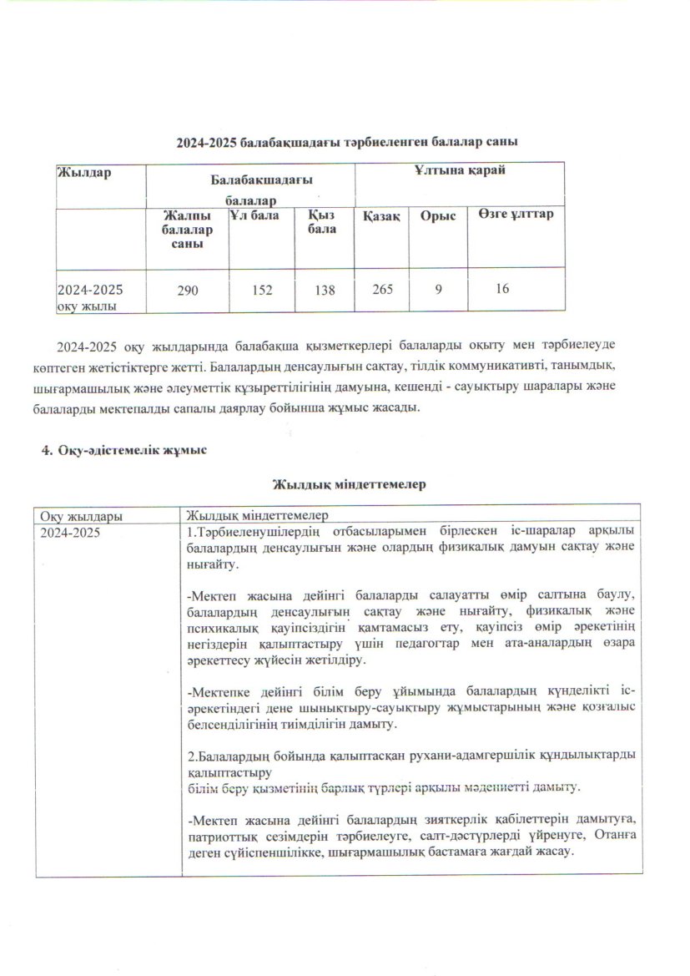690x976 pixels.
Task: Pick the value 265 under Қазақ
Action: (x=379, y=289)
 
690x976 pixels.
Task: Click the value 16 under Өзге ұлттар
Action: (x=501, y=288)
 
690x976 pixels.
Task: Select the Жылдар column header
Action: (x=84, y=173)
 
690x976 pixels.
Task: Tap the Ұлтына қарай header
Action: (x=461, y=170)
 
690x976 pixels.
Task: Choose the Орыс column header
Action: (x=440, y=216)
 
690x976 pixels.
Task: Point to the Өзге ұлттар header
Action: (x=516, y=215)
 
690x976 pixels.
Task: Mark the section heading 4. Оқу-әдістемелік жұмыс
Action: (x=124, y=450)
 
